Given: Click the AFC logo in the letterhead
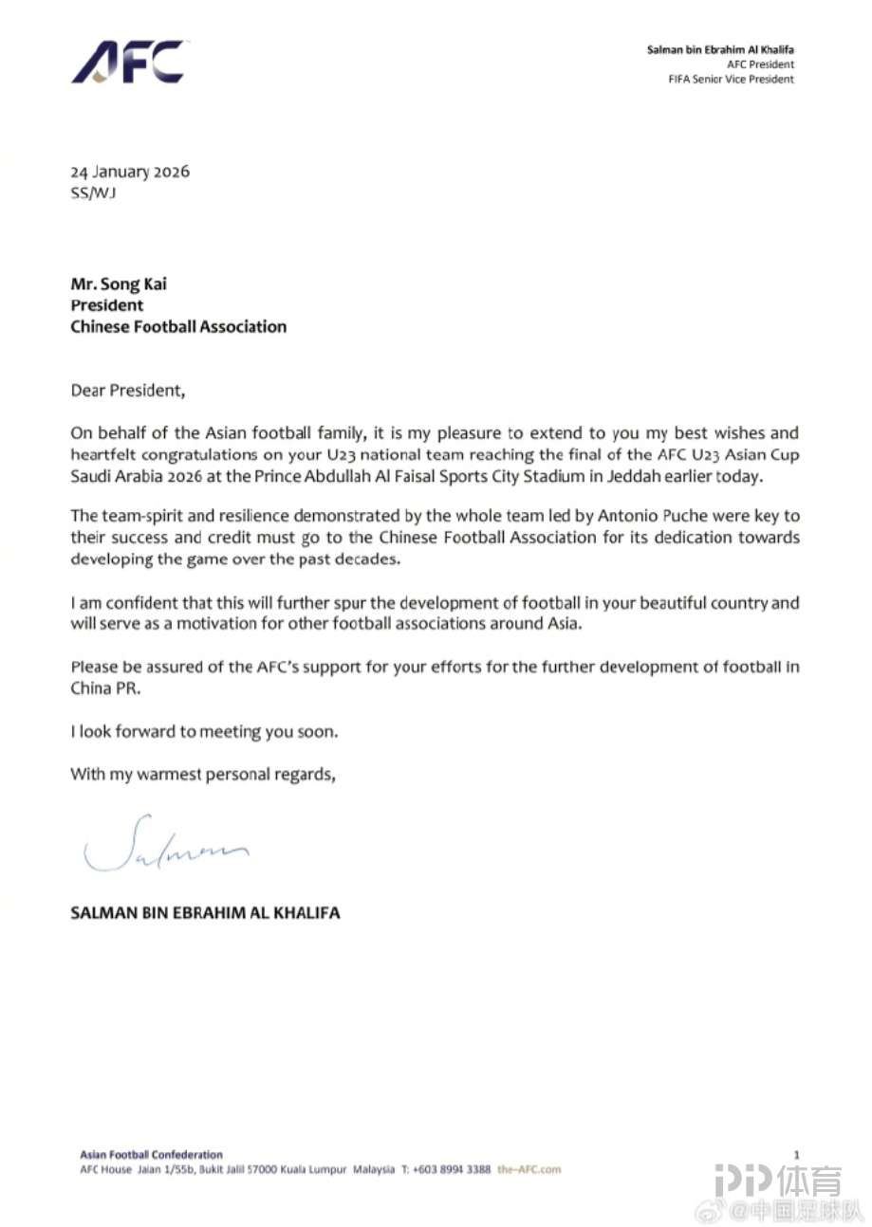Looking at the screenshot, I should (x=128, y=63).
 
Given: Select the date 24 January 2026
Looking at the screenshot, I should (x=130, y=172).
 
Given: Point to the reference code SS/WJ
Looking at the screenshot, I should (x=93, y=193).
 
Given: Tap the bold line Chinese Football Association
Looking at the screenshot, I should (x=178, y=326).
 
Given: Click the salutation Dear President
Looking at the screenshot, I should (x=124, y=390).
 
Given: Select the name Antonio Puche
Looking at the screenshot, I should (x=583, y=515).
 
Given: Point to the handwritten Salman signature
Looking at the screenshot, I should (x=165, y=844).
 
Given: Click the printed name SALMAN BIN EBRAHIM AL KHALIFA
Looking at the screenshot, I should (x=205, y=913).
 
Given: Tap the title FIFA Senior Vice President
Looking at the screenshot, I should (x=731, y=80).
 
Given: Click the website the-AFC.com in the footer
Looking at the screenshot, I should (x=529, y=1169).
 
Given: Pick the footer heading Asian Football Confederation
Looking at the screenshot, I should (x=152, y=1155).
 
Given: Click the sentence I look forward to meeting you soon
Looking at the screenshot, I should (x=203, y=732).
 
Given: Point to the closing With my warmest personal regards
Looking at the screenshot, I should (x=203, y=774).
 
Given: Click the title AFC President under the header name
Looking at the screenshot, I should (x=761, y=64).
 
